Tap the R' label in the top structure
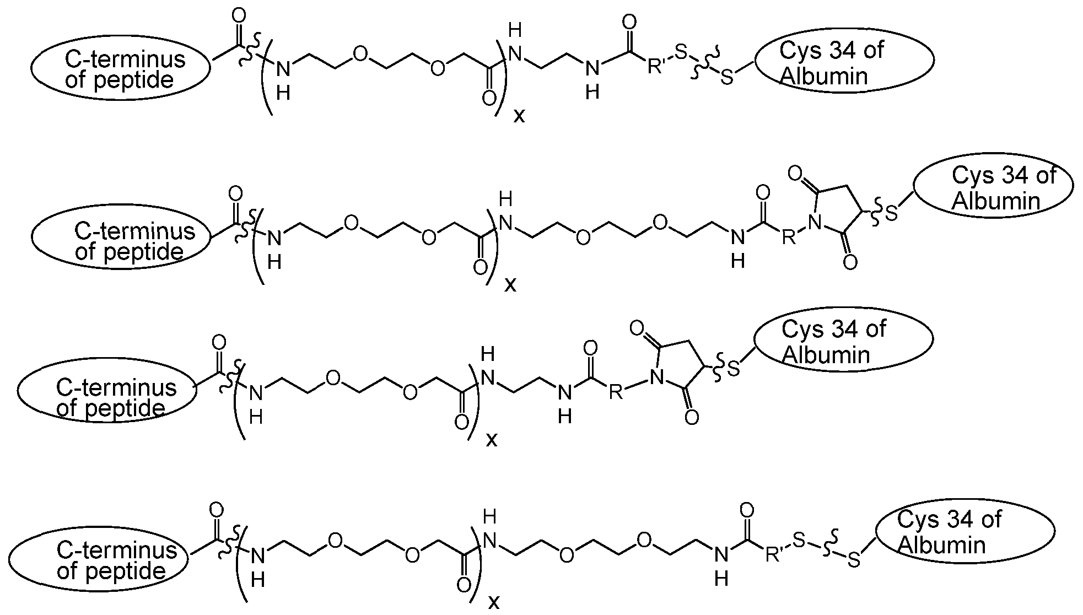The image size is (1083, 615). coord(656,67)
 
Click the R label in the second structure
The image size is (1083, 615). coord(789,238)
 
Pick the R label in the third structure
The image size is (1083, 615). coord(616,392)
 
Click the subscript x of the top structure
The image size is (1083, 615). coord(519,115)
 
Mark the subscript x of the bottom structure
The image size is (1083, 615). coord(494,601)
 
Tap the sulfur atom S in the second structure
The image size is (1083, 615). coord(891,213)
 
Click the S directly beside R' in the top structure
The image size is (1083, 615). coord(681,53)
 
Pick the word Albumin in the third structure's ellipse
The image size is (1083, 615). coord(826,355)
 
